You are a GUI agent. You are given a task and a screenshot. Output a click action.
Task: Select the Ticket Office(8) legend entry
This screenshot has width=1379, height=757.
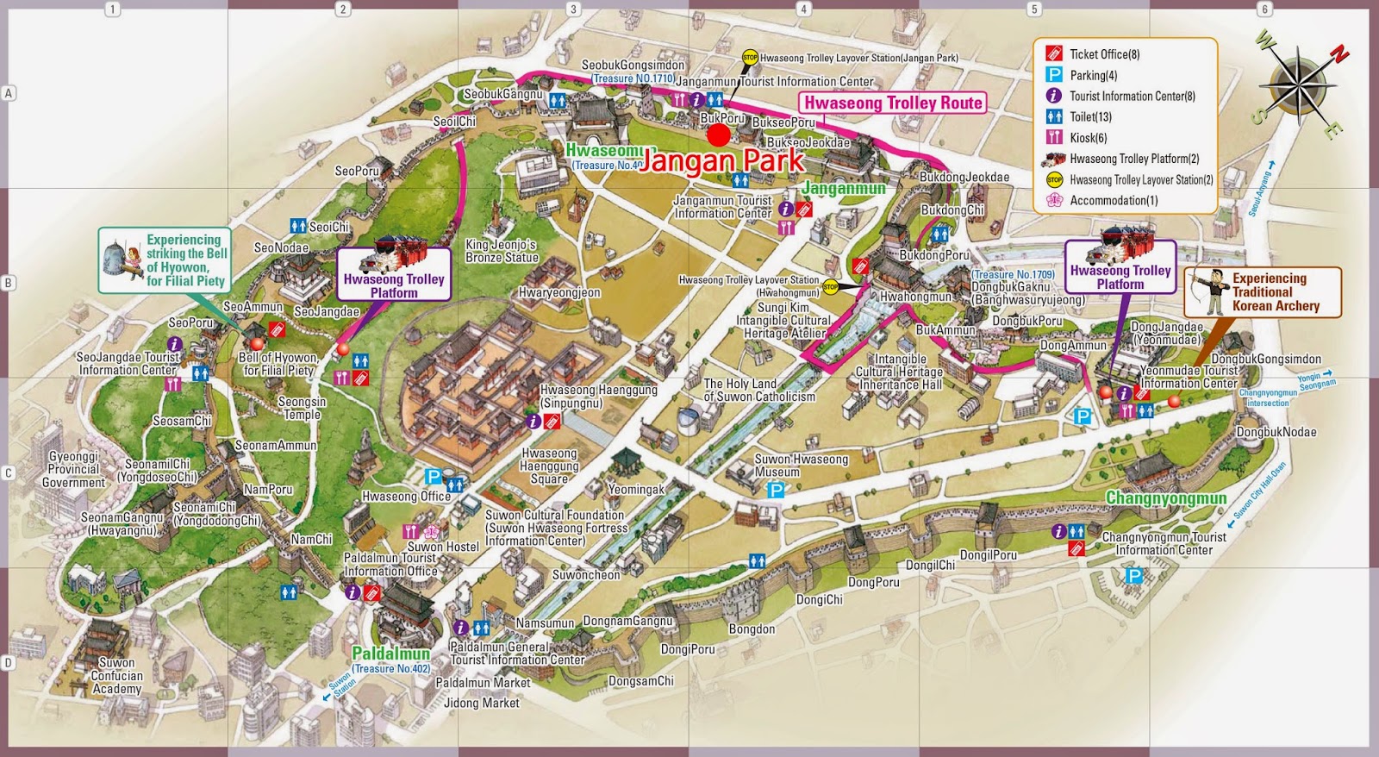pyautogui.click(x=1104, y=54)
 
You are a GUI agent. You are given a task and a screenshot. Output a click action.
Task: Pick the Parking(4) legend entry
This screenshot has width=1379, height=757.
pyautogui.click(x=1093, y=76)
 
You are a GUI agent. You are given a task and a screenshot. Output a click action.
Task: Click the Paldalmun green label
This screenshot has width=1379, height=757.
pyautogui.click(x=390, y=654)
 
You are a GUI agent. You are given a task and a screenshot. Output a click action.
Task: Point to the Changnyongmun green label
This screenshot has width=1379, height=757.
pyautogui.click(x=1165, y=498)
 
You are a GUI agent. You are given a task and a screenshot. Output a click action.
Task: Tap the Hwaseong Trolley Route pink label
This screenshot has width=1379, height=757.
pyautogui.click(x=893, y=103)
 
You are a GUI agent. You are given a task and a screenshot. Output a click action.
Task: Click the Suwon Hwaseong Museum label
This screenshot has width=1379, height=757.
pyautogui.click(x=801, y=466)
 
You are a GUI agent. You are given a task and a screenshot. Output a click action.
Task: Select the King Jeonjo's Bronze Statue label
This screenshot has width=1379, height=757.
pyautogui.click(x=502, y=251)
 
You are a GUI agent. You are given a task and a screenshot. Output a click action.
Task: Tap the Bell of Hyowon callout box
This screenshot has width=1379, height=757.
pyautogui.click(x=164, y=260)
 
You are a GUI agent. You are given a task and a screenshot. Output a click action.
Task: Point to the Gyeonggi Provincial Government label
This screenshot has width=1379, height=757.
pyautogui.click(x=73, y=469)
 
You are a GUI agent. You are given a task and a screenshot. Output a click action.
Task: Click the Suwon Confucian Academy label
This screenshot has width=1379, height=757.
pyautogui.click(x=116, y=676)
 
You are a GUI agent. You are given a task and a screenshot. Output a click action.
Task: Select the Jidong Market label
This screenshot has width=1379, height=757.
pyautogui.click(x=481, y=703)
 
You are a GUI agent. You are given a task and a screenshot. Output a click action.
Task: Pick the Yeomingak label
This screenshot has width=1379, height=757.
pyautogui.click(x=636, y=489)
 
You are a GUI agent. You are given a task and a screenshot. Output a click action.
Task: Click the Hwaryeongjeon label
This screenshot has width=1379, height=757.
pyautogui.click(x=559, y=292)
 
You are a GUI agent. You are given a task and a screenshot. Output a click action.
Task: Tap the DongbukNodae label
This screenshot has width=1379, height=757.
pyautogui.click(x=1276, y=432)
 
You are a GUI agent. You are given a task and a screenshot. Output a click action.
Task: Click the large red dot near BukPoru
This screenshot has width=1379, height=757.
pyautogui.click(x=718, y=135)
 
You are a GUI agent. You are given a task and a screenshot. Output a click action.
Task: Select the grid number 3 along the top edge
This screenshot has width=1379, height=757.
pyautogui.click(x=573, y=9)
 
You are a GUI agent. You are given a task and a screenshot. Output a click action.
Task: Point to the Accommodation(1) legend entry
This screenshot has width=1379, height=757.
pyautogui.click(x=1113, y=201)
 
